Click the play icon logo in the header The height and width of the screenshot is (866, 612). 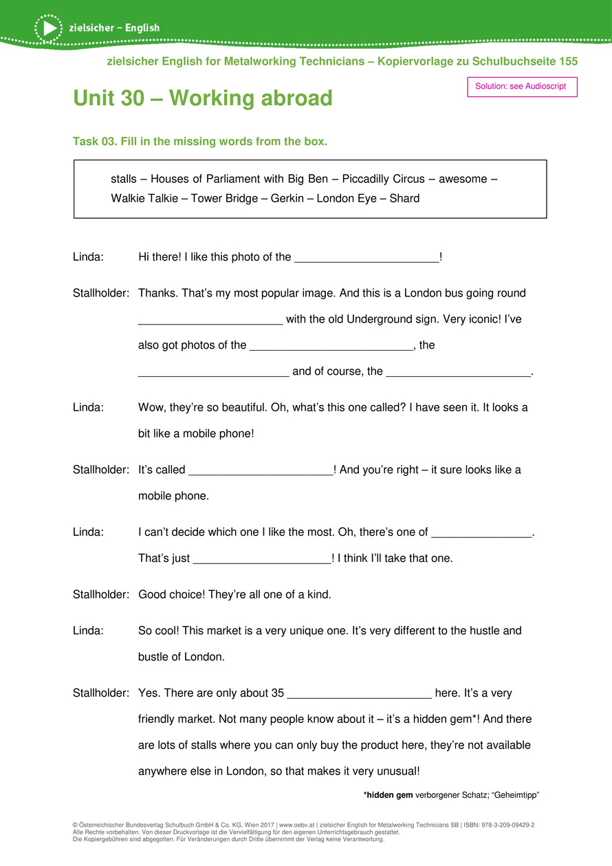[48, 28]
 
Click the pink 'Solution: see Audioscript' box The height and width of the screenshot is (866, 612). [521, 87]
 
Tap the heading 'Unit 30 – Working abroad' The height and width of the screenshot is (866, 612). [203, 98]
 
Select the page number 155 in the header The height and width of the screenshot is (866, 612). [568, 61]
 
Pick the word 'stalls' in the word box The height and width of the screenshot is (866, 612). [123, 180]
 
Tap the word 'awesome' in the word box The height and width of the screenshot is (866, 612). [463, 180]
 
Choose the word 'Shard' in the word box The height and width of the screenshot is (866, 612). [404, 199]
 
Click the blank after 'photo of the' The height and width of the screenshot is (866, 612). [366, 259]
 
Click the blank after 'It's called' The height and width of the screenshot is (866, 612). [260, 471]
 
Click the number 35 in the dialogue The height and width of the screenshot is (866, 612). [278, 693]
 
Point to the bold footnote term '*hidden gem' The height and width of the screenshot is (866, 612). [388, 795]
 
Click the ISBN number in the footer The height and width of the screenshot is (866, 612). [509, 824]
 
